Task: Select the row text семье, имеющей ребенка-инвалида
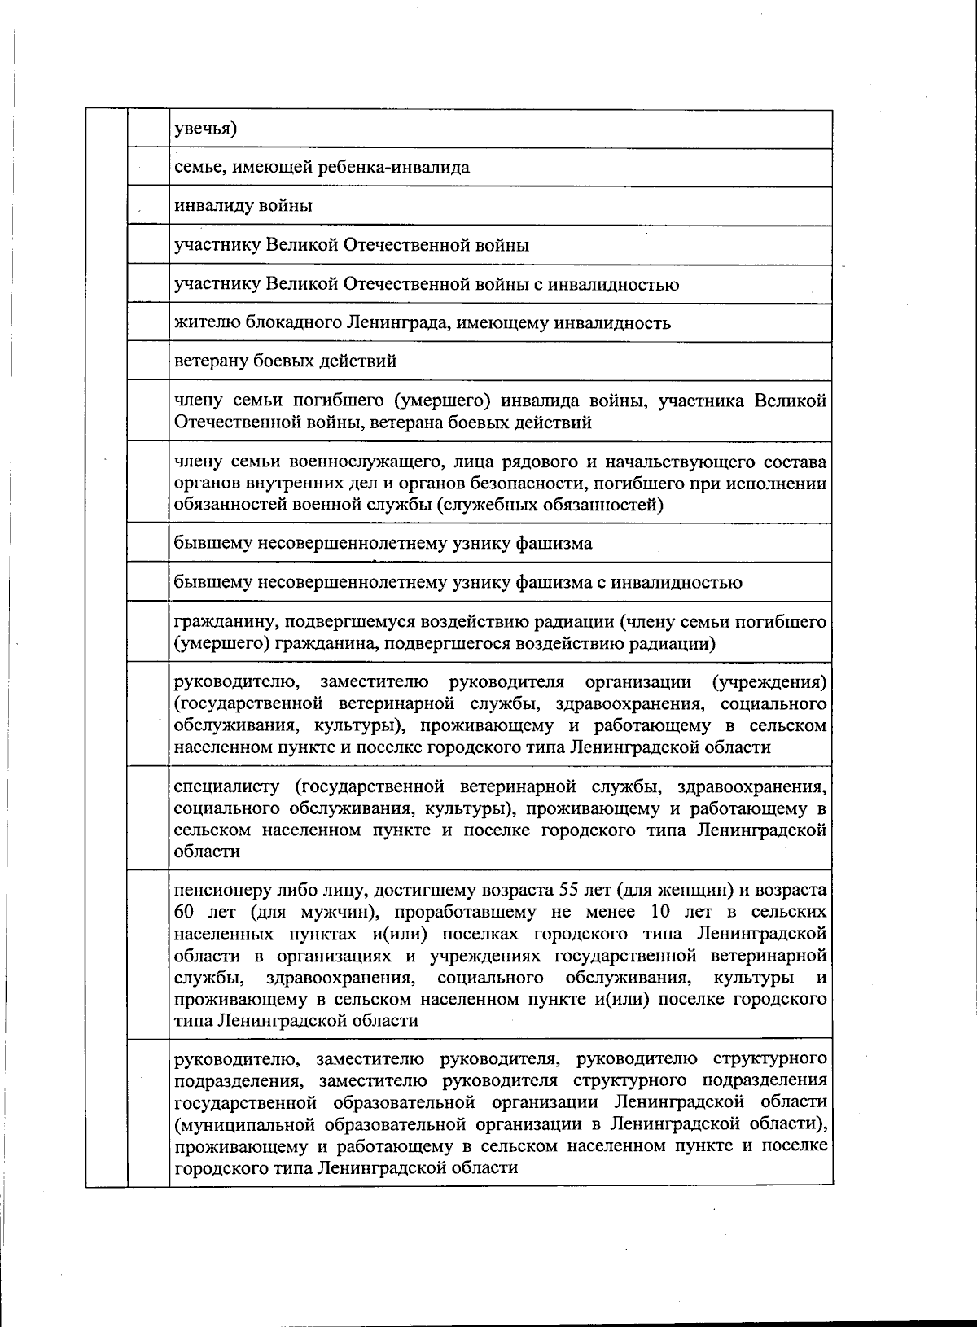(x=322, y=168)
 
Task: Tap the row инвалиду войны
(x=243, y=206)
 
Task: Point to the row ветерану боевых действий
(x=286, y=361)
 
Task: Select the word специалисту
(x=227, y=786)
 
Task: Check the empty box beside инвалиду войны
(x=147, y=206)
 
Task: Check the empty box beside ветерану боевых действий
(x=147, y=361)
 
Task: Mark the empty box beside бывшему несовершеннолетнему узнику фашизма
(x=147, y=543)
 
